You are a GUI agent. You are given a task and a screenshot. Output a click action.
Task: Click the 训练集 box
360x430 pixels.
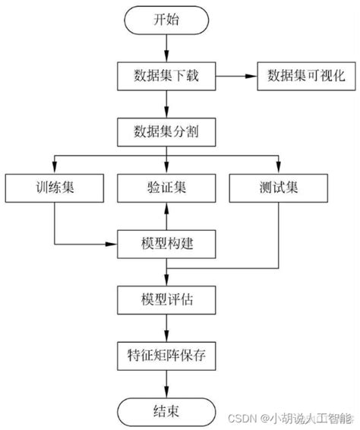pos(54,188)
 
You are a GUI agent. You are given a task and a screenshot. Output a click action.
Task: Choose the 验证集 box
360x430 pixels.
pos(167,188)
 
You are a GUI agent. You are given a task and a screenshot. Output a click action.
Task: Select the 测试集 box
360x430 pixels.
pos(279,188)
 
